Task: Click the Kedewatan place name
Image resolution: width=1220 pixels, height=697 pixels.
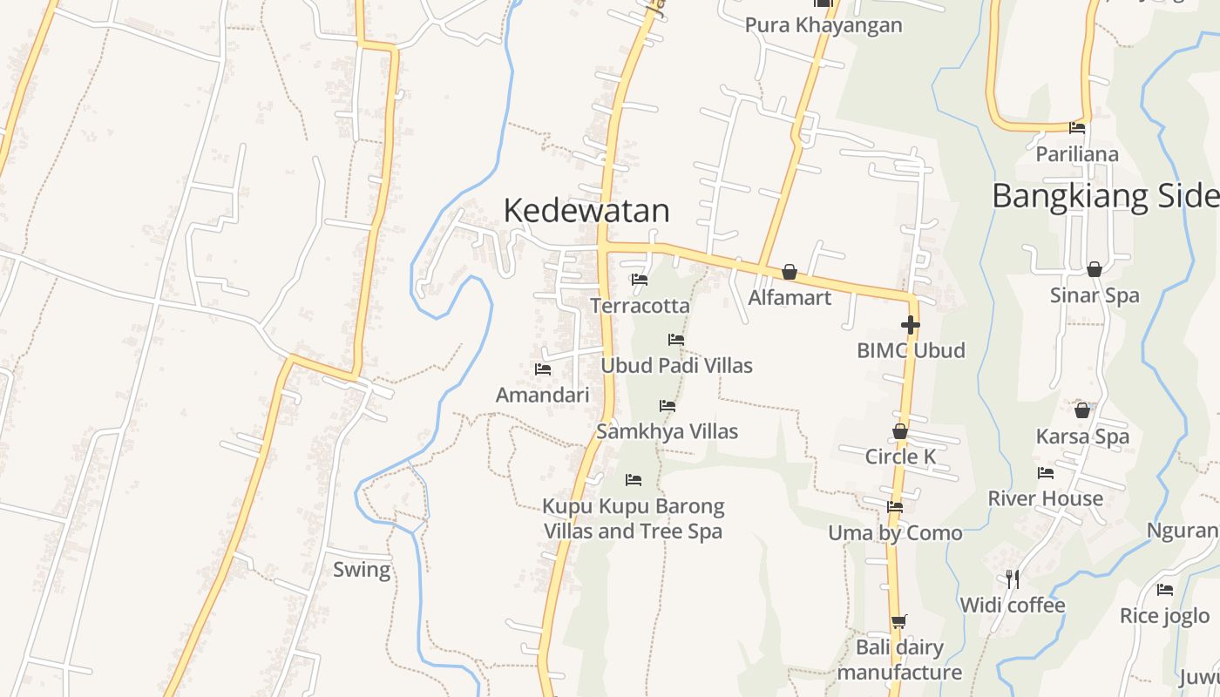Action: [586, 210]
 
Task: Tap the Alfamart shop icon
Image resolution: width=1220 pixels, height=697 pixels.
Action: [789, 273]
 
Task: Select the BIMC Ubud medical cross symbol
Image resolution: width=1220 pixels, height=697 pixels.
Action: [910, 325]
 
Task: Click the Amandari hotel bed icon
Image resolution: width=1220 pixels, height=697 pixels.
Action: [542, 369]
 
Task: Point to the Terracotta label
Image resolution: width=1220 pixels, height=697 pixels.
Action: [640, 306]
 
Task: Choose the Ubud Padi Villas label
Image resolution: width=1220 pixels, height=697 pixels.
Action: [676, 365]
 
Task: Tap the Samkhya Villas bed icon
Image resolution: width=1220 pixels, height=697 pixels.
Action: [667, 406]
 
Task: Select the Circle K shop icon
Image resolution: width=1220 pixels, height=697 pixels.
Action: [899, 431]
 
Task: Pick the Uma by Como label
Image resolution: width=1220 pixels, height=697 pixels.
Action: [895, 532]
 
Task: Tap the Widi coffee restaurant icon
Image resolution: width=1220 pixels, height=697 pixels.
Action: [1012, 579]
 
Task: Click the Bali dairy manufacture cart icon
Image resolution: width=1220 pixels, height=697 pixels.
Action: [898, 621]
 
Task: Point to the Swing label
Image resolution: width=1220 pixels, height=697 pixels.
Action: [362, 570]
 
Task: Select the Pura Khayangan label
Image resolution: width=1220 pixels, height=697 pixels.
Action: [823, 25]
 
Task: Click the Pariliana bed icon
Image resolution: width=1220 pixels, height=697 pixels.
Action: [1077, 128]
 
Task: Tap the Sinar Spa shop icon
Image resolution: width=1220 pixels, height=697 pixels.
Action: [1094, 269]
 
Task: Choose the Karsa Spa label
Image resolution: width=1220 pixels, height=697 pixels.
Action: [1082, 436]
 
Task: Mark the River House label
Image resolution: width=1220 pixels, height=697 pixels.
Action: [1045, 498]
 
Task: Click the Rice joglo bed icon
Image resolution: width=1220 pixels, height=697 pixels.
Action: [1164, 590]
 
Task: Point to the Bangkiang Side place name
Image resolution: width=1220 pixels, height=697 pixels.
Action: [1105, 196]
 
